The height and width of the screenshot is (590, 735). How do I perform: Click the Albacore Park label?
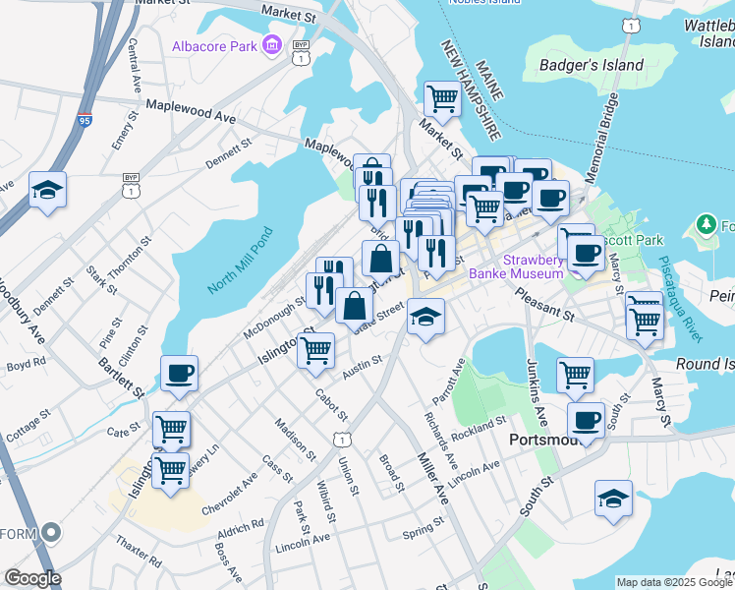click(214, 45)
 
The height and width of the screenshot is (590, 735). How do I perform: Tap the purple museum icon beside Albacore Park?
click(272, 44)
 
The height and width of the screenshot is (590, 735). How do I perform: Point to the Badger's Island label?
click(592, 66)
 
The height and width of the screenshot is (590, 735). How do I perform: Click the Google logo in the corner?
click(32, 578)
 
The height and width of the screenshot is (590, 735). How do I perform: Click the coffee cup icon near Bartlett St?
click(179, 374)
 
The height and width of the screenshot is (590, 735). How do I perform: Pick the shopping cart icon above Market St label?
click(442, 98)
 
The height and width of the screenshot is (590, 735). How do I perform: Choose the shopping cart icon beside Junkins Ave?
click(575, 374)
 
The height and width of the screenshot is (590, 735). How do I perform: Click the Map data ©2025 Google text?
click(673, 582)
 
